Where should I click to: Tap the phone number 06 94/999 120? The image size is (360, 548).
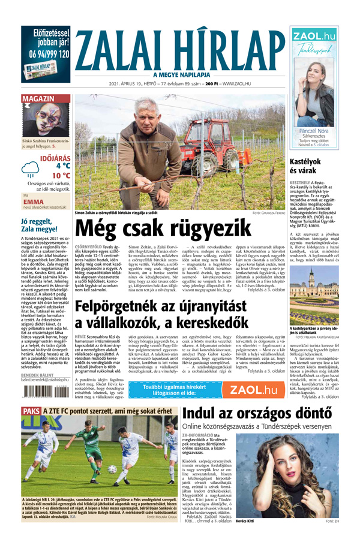pyautogui.click(x=46, y=54)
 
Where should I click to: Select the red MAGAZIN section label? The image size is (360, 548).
pyautogui.click(x=40, y=98)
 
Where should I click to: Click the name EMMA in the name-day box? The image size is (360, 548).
pyautogui.click(x=34, y=202)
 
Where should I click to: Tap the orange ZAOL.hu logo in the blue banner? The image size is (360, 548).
pyautogui.click(x=254, y=390)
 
